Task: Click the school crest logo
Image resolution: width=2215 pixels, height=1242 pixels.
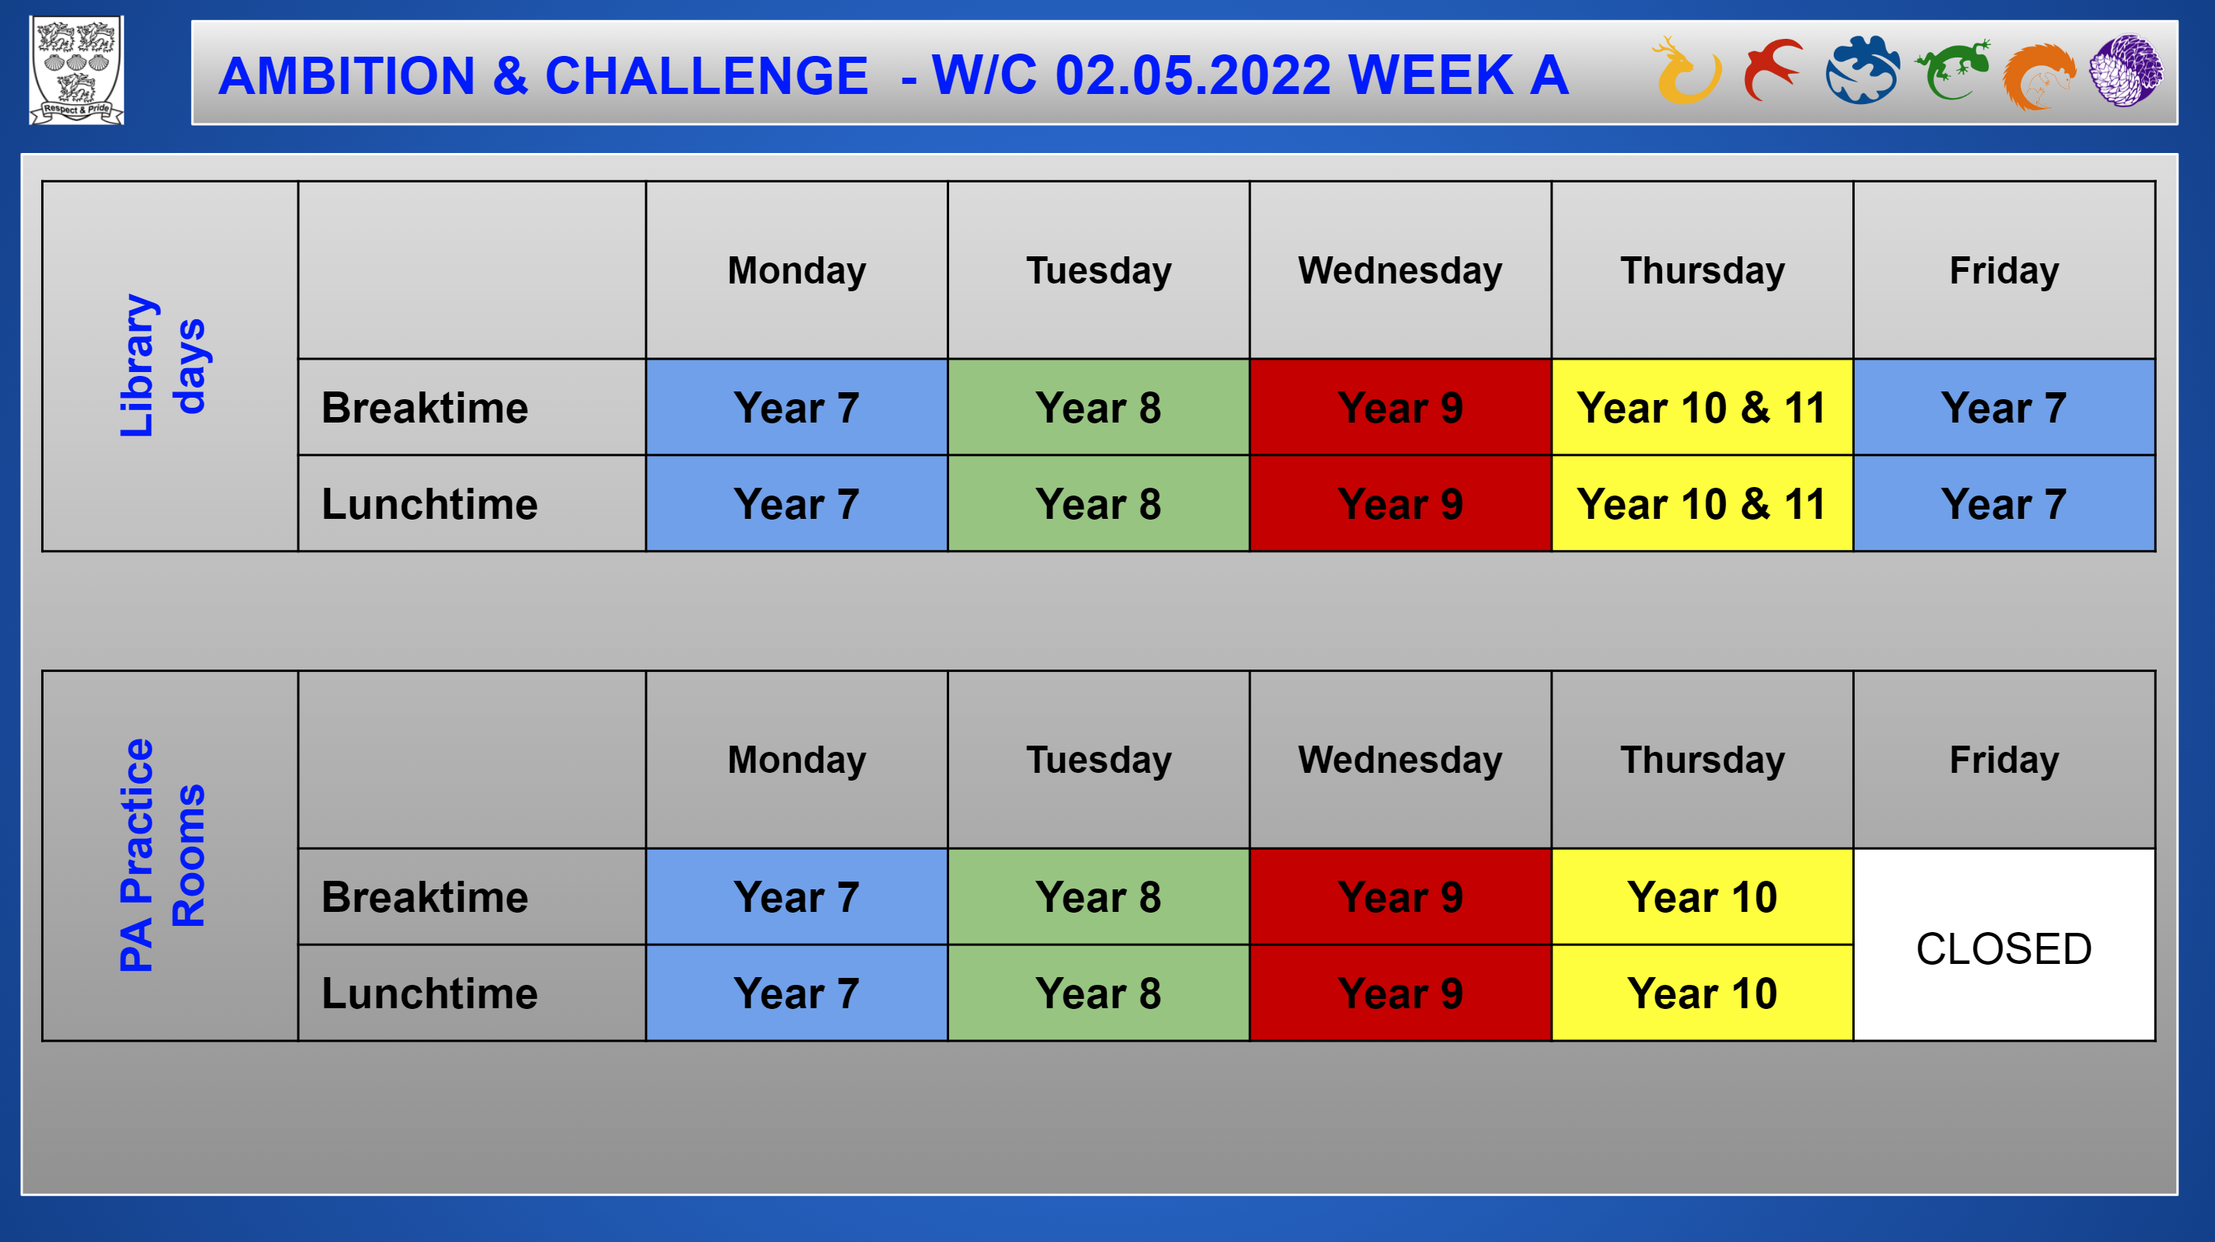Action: [78, 71]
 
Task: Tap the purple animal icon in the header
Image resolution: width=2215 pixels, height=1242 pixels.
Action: [2126, 71]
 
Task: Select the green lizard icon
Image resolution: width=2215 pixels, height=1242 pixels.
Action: [1952, 69]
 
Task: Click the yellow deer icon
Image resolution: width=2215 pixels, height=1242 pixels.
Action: [1686, 71]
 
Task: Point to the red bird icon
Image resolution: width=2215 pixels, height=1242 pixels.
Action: [1773, 69]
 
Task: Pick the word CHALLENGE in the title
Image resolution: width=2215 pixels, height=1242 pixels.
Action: [707, 75]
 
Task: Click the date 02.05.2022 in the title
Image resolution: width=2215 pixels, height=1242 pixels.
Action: [1194, 75]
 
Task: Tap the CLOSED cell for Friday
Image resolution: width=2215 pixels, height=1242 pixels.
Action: [2004, 945]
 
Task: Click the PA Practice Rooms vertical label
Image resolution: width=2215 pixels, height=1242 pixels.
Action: [162, 855]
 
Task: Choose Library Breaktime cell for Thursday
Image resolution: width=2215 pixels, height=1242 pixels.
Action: [1702, 407]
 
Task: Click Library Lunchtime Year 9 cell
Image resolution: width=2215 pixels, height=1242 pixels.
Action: [1400, 503]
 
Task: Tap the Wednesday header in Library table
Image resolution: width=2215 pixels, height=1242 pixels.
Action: [1400, 270]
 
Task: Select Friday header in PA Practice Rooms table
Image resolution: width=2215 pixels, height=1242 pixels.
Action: [2004, 760]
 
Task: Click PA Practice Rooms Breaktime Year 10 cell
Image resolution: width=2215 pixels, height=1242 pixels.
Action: [1702, 896]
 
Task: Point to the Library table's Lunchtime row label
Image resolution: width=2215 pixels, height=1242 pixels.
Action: [429, 504]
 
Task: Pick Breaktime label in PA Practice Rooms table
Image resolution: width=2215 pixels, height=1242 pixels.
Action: [425, 897]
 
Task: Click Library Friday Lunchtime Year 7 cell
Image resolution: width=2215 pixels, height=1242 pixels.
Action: [2004, 503]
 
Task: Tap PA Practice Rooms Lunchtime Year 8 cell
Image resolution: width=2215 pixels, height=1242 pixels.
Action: [1098, 993]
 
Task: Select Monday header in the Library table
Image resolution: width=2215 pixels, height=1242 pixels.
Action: [796, 270]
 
